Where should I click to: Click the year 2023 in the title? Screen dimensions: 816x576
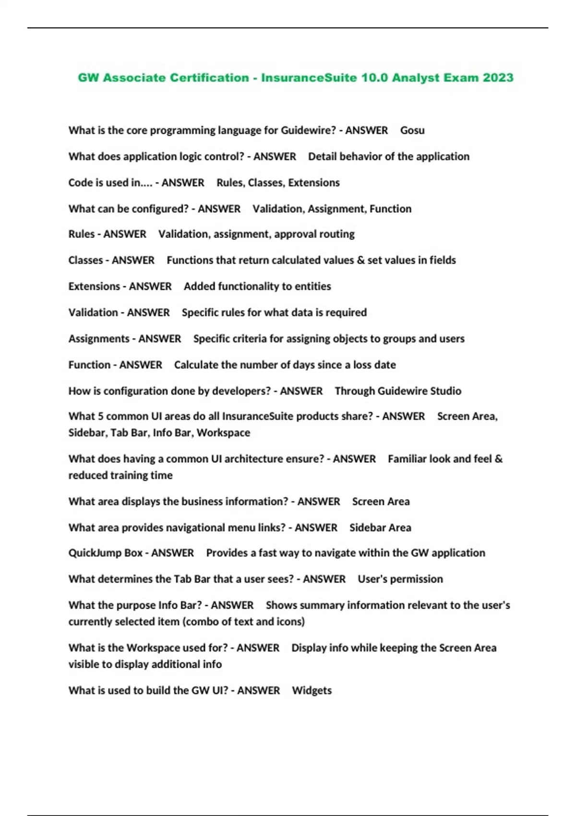498,78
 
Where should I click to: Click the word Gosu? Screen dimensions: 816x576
412,131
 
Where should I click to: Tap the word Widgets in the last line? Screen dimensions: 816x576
312,691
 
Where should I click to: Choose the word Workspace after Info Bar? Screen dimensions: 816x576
223,433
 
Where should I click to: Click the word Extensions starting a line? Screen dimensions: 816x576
94,287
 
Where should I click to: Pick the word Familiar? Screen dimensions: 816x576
407,459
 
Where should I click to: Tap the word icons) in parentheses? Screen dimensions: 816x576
290,622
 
